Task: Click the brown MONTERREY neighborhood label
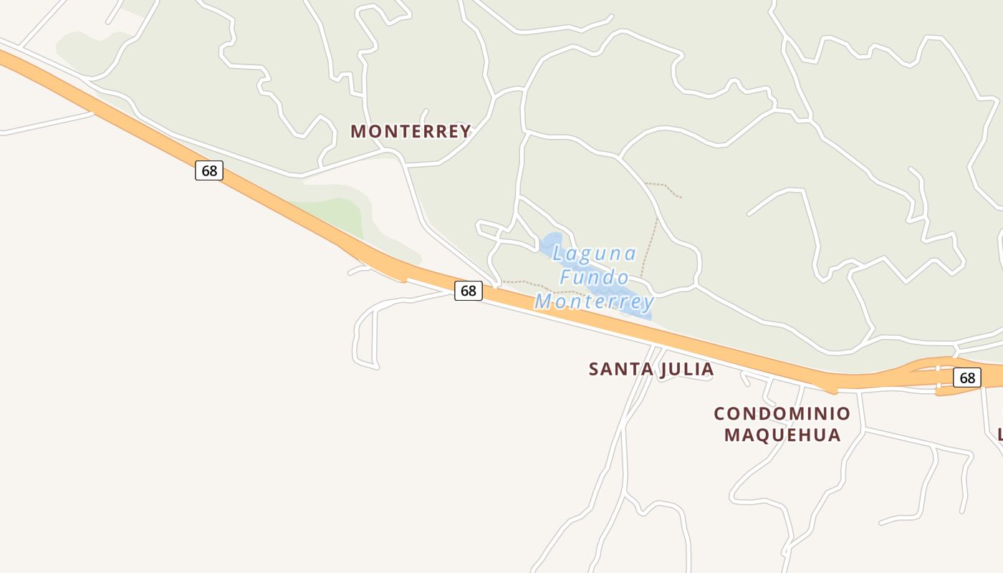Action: pyautogui.click(x=411, y=132)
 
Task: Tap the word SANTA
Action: pyautogui.click(x=616, y=370)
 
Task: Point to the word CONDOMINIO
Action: pyautogui.click(x=782, y=414)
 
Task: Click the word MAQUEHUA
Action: pyautogui.click(x=782, y=435)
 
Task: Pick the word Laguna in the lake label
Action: pyautogui.click(x=595, y=254)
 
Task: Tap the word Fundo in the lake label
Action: pyautogui.click(x=595, y=277)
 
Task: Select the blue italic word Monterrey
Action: pyautogui.click(x=595, y=302)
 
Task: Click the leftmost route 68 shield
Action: pyautogui.click(x=209, y=170)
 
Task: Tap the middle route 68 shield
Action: pyautogui.click(x=468, y=291)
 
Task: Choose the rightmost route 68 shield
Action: pyautogui.click(x=967, y=377)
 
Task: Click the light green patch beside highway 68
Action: pyautogui.click(x=337, y=215)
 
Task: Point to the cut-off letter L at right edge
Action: pyautogui.click(x=999, y=435)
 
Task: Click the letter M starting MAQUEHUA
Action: pyautogui.click(x=731, y=435)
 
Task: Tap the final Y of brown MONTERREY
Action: pyautogui.click(x=465, y=132)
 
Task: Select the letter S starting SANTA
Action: pyautogui.click(x=594, y=370)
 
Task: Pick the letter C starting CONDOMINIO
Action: pyautogui.click(x=719, y=414)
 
